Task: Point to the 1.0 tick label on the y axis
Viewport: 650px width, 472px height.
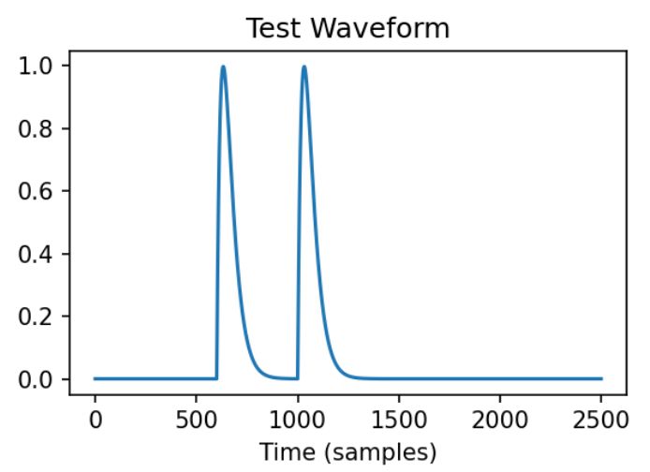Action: click(x=43, y=66)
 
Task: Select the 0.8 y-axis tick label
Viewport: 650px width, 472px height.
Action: click(x=43, y=129)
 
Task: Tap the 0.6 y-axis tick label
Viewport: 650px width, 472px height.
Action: click(x=43, y=192)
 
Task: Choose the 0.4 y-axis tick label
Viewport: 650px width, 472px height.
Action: click(x=43, y=255)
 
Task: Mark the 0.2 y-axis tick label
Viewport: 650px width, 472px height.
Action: click(x=43, y=317)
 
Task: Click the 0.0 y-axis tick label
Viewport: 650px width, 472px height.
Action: click(x=43, y=379)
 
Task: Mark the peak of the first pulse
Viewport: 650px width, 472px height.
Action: click(x=223, y=66)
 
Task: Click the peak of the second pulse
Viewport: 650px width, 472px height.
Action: click(x=304, y=66)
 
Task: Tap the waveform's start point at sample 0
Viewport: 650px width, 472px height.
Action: click(x=95, y=378)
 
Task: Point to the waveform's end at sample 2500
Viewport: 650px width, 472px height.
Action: click(x=601, y=378)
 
